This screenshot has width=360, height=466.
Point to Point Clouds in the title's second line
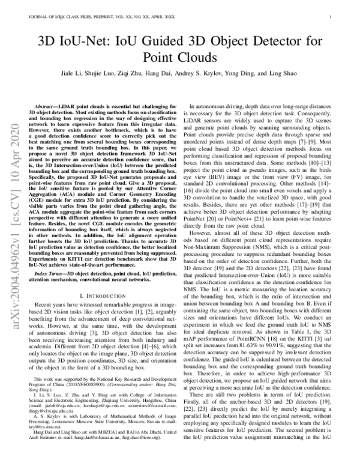180,58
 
